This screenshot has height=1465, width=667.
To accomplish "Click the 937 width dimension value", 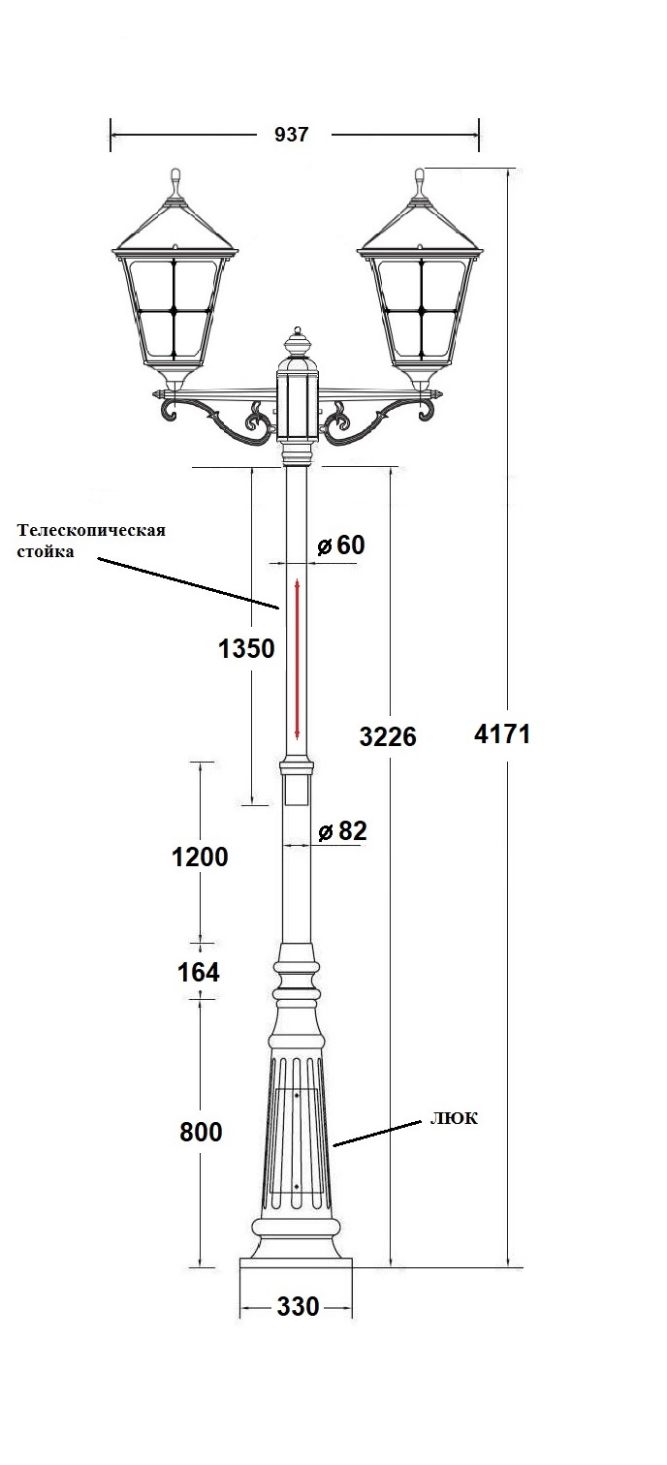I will point(291,135).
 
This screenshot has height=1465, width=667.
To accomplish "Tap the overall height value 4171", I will point(502,733).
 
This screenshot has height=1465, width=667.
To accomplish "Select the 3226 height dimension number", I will point(388,737).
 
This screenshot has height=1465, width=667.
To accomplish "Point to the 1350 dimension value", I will point(247,649).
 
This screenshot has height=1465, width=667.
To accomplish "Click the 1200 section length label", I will point(200,857).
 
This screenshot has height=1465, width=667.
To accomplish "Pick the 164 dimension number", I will point(199,972).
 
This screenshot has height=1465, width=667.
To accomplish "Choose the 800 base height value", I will point(201,1132).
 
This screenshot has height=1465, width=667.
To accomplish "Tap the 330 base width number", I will point(298,1307).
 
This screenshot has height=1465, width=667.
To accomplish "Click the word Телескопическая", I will point(91,531).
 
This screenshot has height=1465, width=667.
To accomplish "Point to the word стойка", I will point(46,553).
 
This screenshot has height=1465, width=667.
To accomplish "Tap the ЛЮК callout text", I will point(455,1118).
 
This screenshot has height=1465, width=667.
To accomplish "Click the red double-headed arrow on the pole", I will point(298,659).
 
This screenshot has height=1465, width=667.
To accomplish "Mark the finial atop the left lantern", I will point(175,181).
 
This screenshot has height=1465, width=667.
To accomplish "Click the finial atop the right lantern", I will point(420,181).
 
